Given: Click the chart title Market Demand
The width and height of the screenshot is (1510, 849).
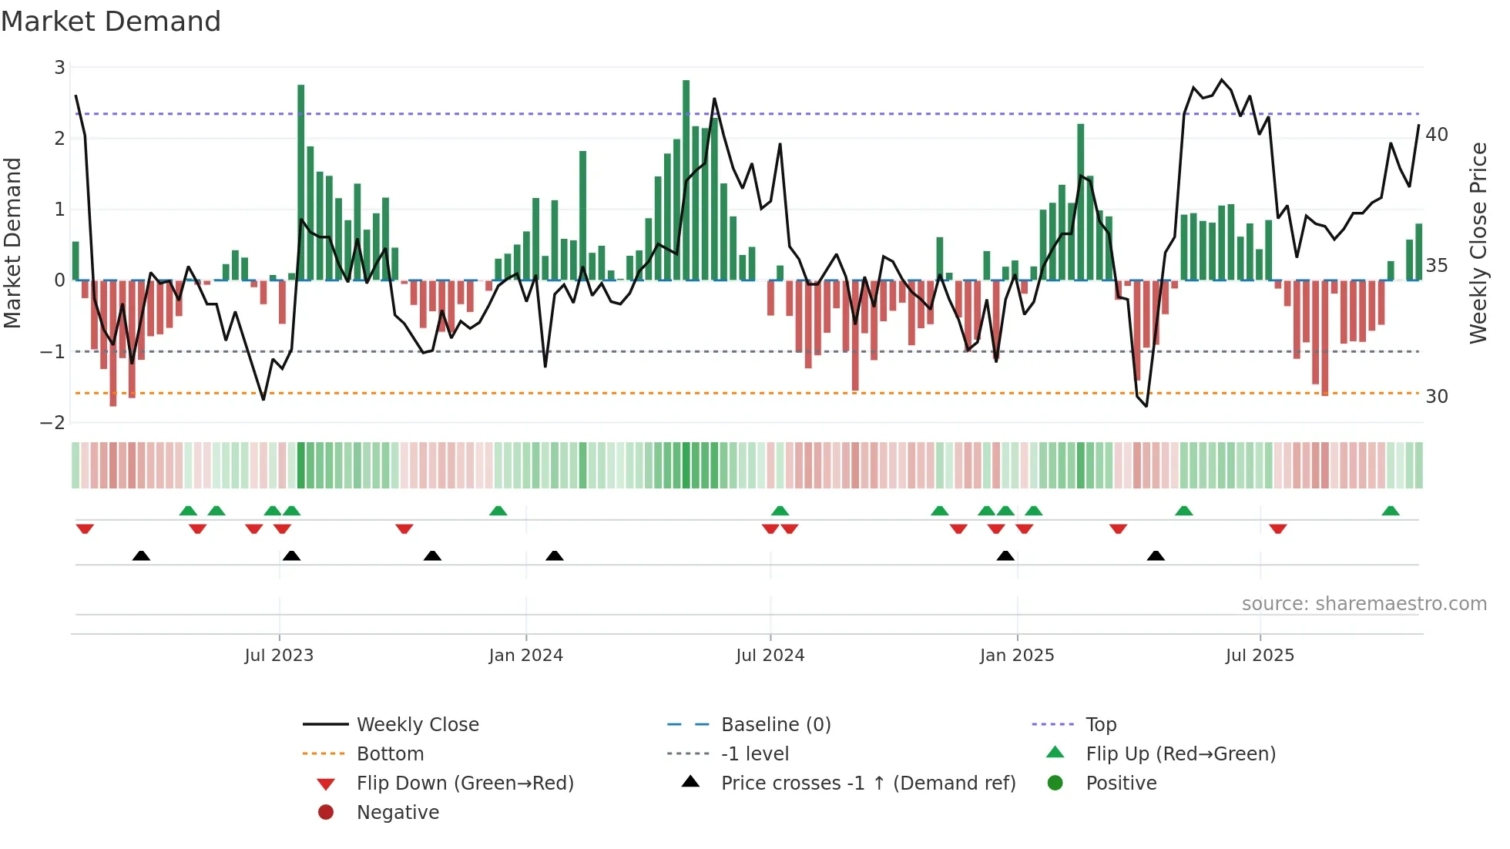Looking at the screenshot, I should pyautogui.click(x=111, y=22).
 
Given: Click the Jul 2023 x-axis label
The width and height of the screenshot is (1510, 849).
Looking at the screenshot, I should pyautogui.click(x=279, y=656).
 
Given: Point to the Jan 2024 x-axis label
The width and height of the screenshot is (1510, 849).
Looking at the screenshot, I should pyautogui.click(x=525, y=656).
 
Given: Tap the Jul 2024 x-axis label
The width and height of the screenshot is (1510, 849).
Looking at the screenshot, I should pyautogui.click(x=770, y=656).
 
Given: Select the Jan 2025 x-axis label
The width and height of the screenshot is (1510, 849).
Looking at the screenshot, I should pyautogui.click(x=1017, y=656).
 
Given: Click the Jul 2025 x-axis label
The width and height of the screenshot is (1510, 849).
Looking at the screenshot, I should pyautogui.click(x=1260, y=656).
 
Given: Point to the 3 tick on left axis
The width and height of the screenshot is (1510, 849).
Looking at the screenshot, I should pyautogui.click(x=59, y=68).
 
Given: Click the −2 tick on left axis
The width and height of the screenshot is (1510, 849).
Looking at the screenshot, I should pyautogui.click(x=53, y=423).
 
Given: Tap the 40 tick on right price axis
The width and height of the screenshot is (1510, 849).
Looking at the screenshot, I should pyautogui.click(x=1437, y=135).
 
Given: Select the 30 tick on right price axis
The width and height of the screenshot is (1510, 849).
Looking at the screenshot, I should pyautogui.click(x=1437, y=397).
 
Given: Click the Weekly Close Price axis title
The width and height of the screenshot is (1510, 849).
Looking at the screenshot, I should pyautogui.click(x=1478, y=243).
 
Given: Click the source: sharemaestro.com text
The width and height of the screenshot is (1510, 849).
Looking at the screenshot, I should pyautogui.click(x=1364, y=604).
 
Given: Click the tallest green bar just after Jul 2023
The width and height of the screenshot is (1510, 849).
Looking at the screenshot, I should pyautogui.click(x=301, y=182).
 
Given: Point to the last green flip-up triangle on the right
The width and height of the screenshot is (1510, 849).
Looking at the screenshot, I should pyautogui.click(x=1391, y=511).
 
